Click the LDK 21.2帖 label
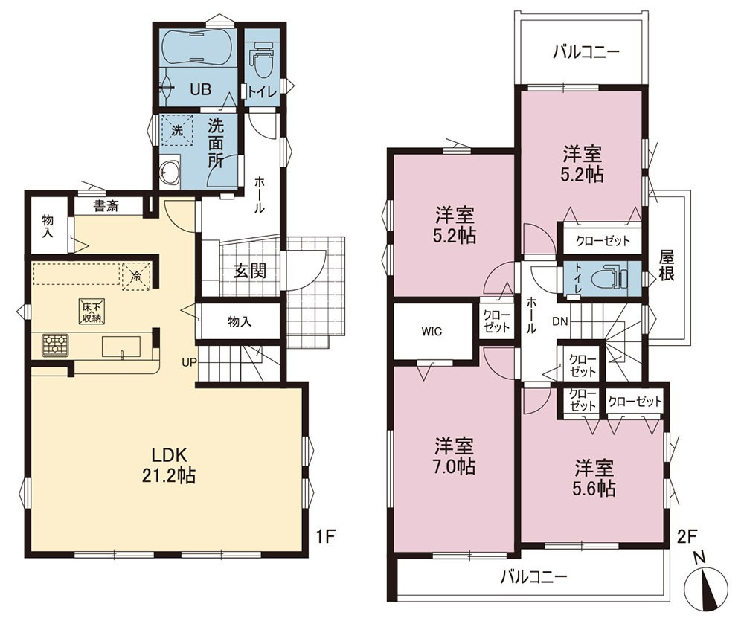point(169,465)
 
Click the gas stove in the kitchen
point(55,345)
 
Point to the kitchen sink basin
point(121,347)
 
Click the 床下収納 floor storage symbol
point(91,312)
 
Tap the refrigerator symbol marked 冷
point(135,276)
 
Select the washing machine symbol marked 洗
point(176,129)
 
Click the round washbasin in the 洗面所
point(170,172)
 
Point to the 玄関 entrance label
point(249,271)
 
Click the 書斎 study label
point(106,206)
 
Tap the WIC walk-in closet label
point(432,332)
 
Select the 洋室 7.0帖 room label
point(455,456)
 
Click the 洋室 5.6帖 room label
point(595,477)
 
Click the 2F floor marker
point(686,537)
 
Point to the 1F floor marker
point(326,537)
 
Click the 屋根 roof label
point(666,266)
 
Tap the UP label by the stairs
point(189,363)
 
